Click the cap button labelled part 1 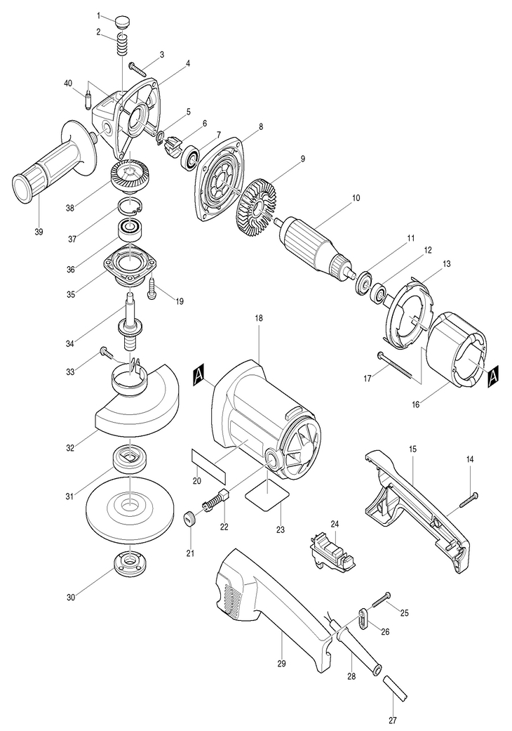click(123, 20)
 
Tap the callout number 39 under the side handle click(39, 232)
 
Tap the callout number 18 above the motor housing click(258, 318)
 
